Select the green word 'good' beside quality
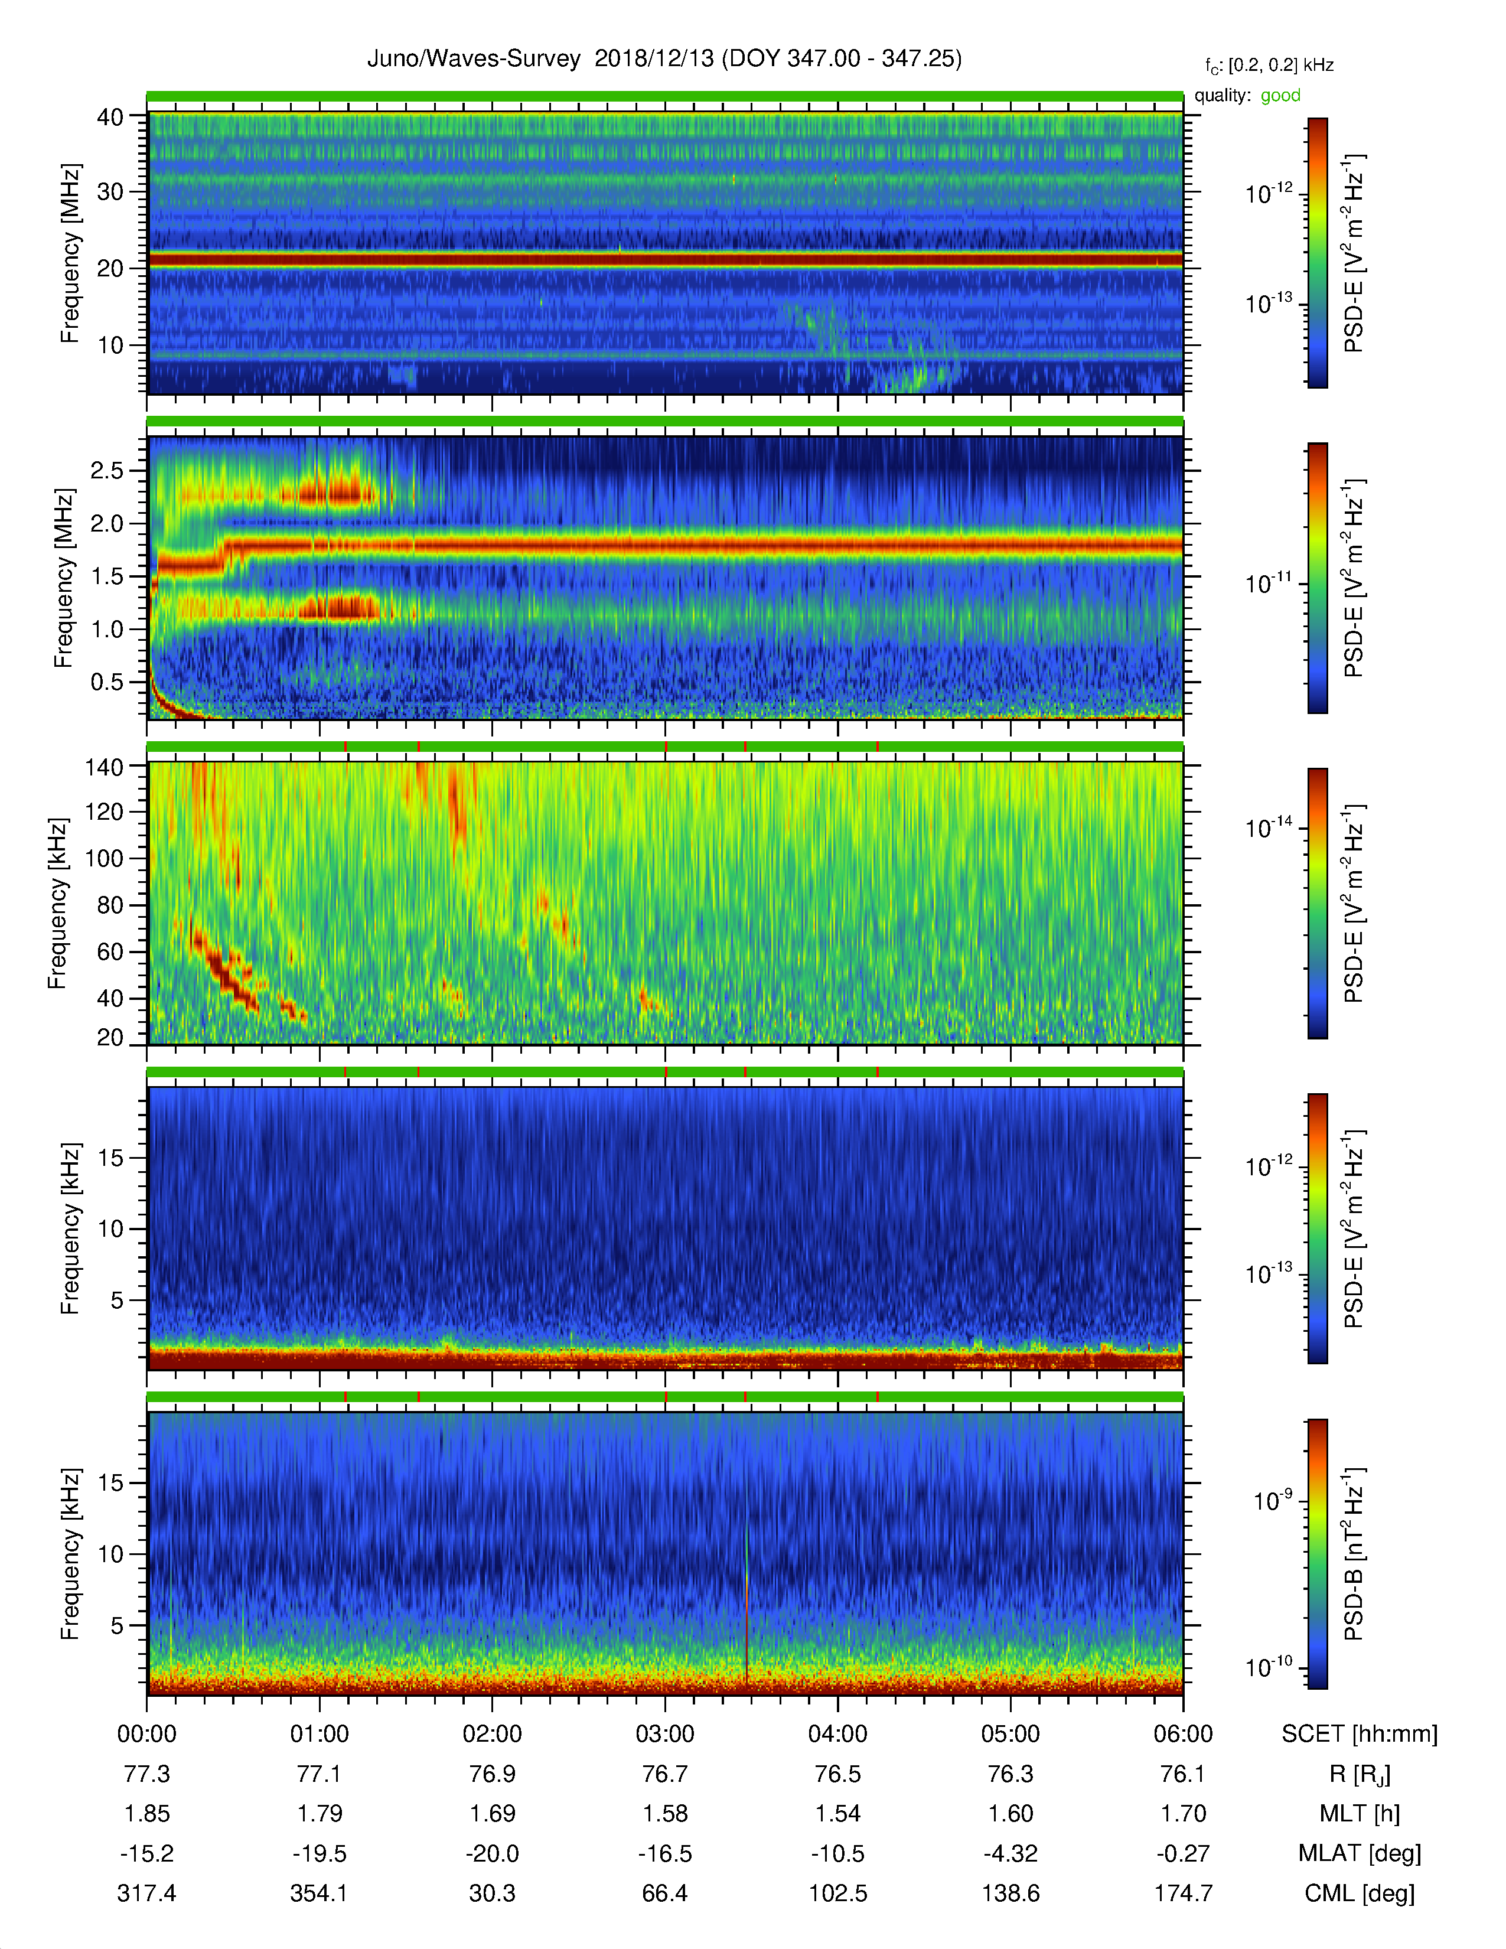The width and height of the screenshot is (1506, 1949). (x=1280, y=96)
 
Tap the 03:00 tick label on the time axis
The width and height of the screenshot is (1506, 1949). (x=664, y=1734)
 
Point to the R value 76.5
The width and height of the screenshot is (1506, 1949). (x=838, y=1774)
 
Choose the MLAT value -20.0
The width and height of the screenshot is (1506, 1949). (x=493, y=1853)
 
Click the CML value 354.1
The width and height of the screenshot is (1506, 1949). (x=320, y=1893)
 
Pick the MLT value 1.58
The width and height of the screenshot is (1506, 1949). (x=664, y=1813)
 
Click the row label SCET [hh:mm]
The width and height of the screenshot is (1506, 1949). (x=1360, y=1734)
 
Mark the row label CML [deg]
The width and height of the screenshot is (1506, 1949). (x=1360, y=1893)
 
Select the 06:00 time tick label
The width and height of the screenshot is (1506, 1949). (x=1183, y=1734)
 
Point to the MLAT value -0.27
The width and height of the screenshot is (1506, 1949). (x=1183, y=1853)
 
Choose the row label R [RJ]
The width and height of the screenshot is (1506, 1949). (x=1360, y=1775)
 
